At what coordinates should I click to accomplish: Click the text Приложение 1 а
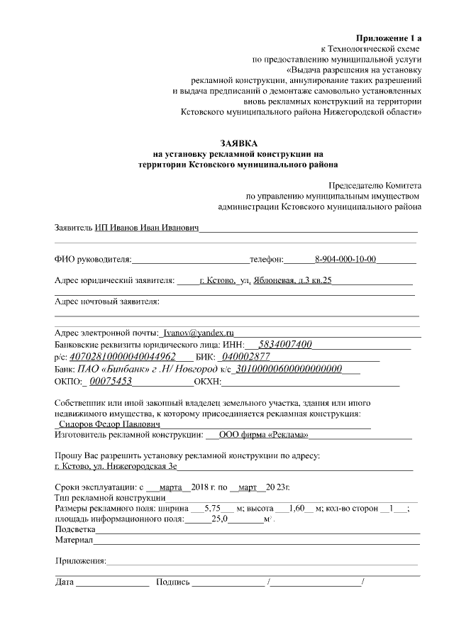pyautogui.click(x=389, y=37)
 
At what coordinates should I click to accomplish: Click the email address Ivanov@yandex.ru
pyautogui.click(x=198, y=333)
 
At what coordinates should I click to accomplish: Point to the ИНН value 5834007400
pyautogui.click(x=285, y=344)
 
